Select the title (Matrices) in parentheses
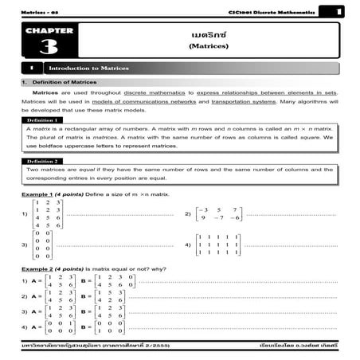point(208,46)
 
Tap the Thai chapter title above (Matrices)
point(208,35)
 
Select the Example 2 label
point(38,269)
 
